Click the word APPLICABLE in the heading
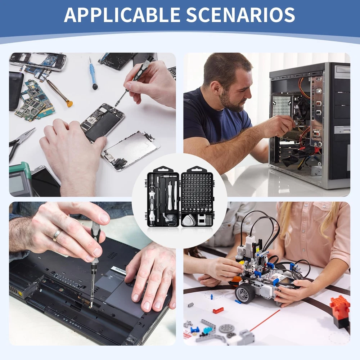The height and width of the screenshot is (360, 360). (x=122, y=15)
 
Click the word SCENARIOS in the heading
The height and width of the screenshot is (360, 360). (x=240, y=15)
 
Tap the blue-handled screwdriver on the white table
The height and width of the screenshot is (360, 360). (x=93, y=73)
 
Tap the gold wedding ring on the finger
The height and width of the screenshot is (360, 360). (x=57, y=235)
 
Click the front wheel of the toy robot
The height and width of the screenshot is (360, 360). (x=244, y=293)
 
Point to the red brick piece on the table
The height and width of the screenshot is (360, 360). (x=218, y=310)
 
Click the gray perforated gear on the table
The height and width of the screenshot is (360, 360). (x=226, y=329)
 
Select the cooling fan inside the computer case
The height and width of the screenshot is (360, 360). (x=303, y=108)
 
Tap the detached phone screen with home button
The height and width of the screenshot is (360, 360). (x=131, y=150)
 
